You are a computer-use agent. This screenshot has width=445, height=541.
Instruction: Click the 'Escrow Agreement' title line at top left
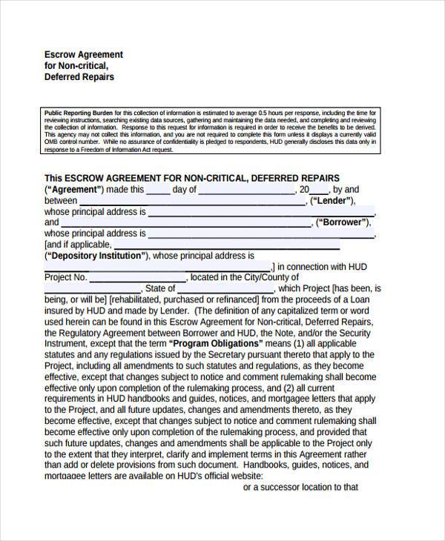pos(84,55)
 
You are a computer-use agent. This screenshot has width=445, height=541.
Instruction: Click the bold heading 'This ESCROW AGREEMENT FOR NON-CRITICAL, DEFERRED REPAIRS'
pos(191,178)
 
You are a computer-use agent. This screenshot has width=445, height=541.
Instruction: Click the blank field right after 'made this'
pos(158,190)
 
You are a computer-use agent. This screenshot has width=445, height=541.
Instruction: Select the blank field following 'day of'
pos(247,190)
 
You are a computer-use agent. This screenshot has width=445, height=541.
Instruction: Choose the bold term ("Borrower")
pos(342,222)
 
